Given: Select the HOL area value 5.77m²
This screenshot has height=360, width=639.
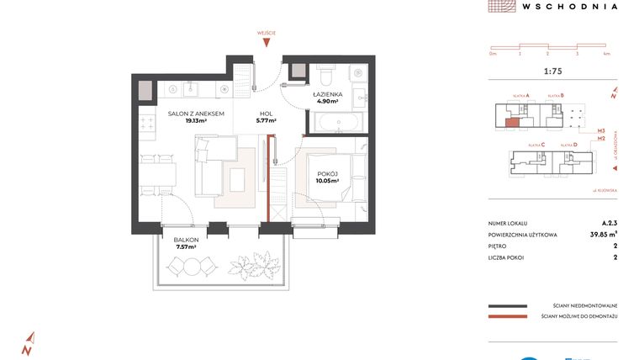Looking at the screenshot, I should click(x=267, y=121).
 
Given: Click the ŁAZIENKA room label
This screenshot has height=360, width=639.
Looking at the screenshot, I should click(x=326, y=94).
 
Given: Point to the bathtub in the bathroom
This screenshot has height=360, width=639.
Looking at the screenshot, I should click(x=338, y=123).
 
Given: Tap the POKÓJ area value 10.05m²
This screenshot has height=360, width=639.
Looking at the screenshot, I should click(x=326, y=181).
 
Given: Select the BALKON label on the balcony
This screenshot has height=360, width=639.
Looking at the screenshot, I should click(x=186, y=241).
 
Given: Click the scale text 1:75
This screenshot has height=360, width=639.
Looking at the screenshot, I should click(x=554, y=70).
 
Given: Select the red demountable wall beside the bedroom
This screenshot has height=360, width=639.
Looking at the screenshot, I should click(x=267, y=185).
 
